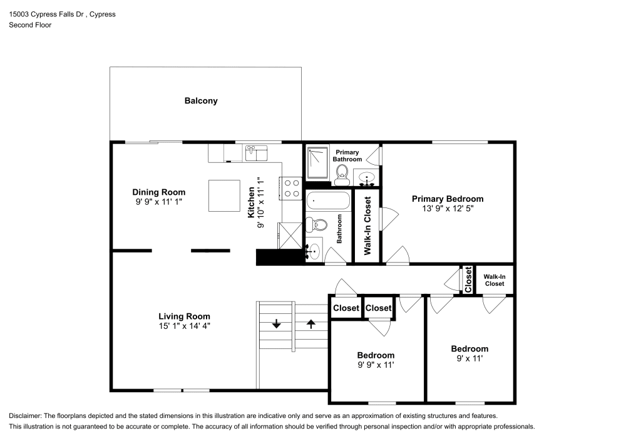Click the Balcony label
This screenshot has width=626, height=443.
pos(201,100)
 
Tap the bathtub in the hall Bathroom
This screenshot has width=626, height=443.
pos(328,202)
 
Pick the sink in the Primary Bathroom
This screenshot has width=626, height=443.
pos(368,179)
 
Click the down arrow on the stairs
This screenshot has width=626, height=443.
pos(276,324)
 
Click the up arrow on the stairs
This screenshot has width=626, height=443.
pos(311,324)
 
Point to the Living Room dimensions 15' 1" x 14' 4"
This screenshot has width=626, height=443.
pos(184,326)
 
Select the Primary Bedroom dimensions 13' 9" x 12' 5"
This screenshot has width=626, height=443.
pos(447,209)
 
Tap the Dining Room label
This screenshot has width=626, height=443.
pos(159,192)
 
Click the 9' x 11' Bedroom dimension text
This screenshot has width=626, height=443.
pos(469,359)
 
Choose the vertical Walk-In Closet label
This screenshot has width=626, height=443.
pos(367,226)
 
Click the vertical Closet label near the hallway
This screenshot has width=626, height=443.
pos(468,279)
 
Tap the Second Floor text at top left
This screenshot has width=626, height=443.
pos(30,25)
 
